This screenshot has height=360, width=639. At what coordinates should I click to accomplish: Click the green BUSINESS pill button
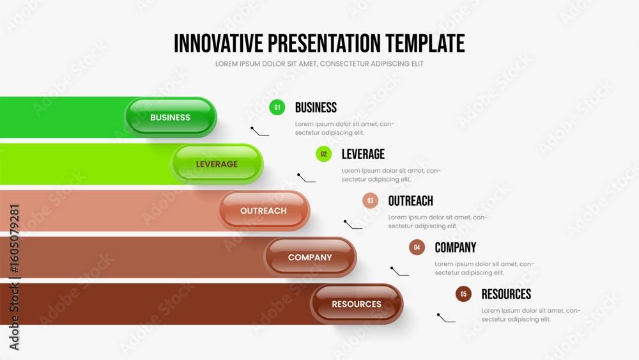(x=171, y=117)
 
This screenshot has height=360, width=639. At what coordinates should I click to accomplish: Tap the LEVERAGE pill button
(x=217, y=164)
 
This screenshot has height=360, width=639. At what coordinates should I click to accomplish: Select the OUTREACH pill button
(x=264, y=211)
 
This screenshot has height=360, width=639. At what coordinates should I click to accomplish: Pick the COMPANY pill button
(x=310, y=257)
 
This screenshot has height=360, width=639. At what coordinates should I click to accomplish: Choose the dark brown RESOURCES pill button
(x=357, y=304)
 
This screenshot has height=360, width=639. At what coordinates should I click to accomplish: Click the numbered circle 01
(x=277, y=107)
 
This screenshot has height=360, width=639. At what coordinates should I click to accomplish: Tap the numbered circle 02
(x=323, y=154)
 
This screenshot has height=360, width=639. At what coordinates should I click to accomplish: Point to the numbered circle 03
(x=371, y=201)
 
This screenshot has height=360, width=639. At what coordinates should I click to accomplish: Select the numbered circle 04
(x=417, y=247)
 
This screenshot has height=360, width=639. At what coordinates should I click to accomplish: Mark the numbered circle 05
(x=463, y=294)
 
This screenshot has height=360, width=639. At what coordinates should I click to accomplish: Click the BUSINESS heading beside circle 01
(x=316, y=107)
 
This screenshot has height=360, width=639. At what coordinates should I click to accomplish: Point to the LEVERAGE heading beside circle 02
(x=363, y=154)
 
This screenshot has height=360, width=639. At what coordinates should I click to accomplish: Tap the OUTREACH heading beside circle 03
(x=410, y=201)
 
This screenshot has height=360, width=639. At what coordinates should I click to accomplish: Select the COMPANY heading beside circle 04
(x=455, y=247)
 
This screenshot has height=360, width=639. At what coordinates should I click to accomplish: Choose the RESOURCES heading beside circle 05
(x=506, y=294)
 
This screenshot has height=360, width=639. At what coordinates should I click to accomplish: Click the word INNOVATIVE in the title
(x=219, y=43)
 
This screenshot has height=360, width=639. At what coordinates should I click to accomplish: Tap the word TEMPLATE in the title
(x=425, y=43)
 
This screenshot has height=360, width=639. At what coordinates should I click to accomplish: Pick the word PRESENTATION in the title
(x=325, y=43)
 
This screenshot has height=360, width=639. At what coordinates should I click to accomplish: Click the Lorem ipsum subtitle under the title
(x=319, y=63)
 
